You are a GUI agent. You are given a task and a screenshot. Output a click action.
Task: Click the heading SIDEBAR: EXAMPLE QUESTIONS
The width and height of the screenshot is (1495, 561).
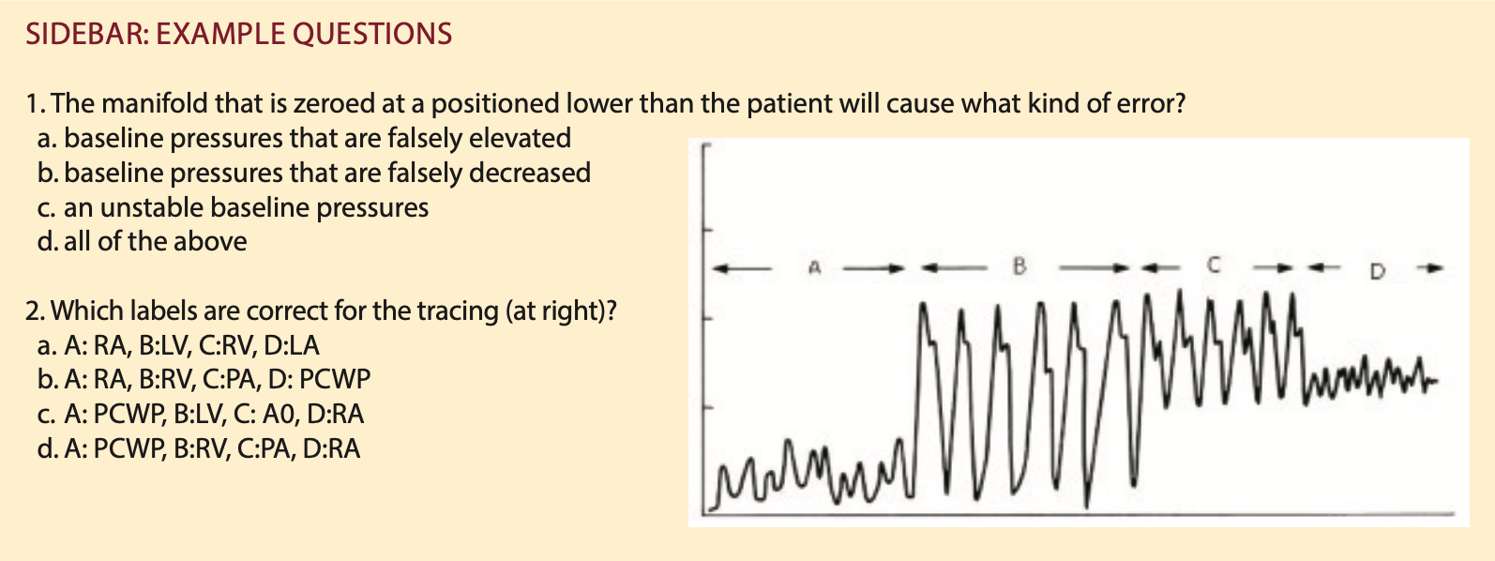tap(239, 34)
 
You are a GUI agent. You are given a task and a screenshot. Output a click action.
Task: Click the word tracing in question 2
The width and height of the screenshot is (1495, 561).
tap(458, 311)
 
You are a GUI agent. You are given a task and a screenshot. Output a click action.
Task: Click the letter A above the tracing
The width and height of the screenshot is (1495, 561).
tap(813, 267)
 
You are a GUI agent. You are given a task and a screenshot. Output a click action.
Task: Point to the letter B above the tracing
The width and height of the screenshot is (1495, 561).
tap(1019, 267)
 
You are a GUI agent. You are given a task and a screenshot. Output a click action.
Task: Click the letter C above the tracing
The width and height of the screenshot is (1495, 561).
tap(1213, 265)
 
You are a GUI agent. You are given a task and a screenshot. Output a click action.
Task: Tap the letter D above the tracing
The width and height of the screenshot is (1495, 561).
tap(1377, 271)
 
